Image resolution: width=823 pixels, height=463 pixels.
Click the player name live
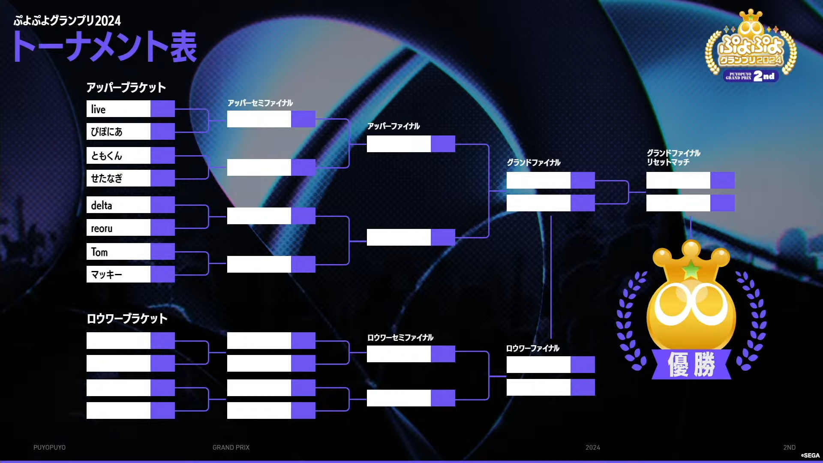(98, 109)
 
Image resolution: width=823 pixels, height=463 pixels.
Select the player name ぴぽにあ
(107, 132)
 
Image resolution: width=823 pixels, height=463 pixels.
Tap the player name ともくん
(107, 156)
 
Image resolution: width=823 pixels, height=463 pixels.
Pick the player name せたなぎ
(107, 178)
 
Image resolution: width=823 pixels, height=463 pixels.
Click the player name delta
(102, 205)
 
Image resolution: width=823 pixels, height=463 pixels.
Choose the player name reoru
(102, 228)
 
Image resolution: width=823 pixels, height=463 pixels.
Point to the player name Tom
(99, 252)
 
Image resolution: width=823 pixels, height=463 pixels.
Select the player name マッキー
(107, 274)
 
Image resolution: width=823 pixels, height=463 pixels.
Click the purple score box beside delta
(162, 205)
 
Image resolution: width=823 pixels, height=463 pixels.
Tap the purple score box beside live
(162, 109)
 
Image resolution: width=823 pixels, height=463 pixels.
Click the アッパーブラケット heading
(126, 87)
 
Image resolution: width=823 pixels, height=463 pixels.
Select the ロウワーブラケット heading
(127, 319)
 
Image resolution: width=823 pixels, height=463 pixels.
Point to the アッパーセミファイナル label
(260, 103)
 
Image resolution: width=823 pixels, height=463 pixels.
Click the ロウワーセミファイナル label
(400, 337)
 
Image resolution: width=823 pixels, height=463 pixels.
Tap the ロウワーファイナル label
(533, 348)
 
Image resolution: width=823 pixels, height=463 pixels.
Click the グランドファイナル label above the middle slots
(534, 162)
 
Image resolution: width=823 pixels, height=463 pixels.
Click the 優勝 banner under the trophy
(691, 364)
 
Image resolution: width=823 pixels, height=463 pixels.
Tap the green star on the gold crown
(691, 269)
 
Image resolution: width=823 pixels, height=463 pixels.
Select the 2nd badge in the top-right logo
(764, 76)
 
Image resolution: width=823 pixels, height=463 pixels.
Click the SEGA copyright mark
(810, 455)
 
